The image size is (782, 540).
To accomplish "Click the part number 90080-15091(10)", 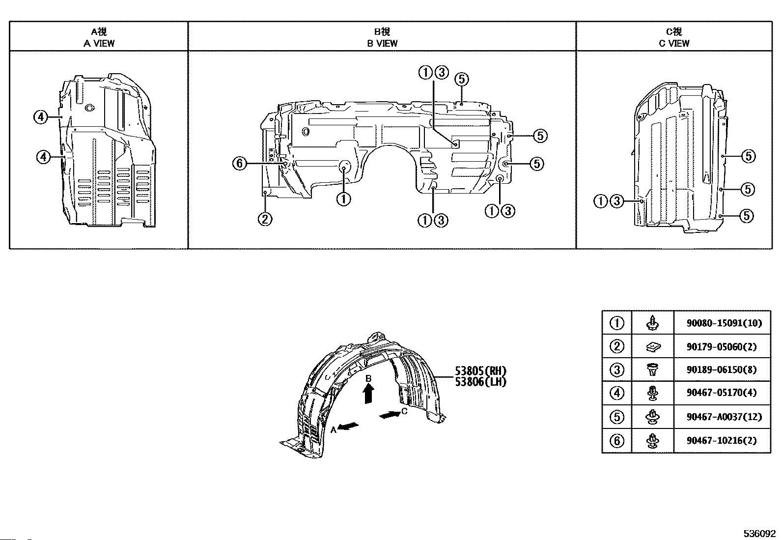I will tap(724, 323).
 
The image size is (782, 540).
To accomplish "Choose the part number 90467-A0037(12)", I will tap(724, 417).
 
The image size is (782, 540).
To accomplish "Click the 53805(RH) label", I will tap(480, 371).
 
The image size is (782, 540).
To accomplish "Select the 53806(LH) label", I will tap(480, 381).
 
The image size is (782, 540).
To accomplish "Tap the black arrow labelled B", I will tap(369, 394).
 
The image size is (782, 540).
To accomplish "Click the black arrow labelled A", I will tap(349, 426).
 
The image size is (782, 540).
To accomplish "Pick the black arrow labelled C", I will tap(390, 415).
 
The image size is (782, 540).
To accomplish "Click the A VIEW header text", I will tap(99, 43).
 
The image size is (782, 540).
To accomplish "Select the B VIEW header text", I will tap(382, 43).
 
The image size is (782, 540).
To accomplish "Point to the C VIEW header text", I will tap(674, 43).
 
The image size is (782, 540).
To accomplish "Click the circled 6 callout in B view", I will tap(239, 163).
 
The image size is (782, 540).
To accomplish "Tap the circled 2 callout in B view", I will tap(265, 219).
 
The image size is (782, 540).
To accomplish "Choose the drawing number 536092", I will tap(759, 534).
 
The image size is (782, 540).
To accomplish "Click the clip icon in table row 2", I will tap(653, 347).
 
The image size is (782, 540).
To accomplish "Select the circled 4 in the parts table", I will tap(617, 393).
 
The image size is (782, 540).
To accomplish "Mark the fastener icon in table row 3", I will tap(653, 369).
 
